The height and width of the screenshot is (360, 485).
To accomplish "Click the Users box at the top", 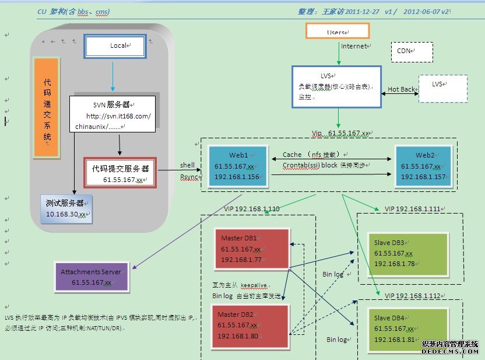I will click(x=338, y=31).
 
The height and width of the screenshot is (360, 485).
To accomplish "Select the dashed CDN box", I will click(x=411, y=51).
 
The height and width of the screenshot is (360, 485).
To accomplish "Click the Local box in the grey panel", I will click(x=115, y=46).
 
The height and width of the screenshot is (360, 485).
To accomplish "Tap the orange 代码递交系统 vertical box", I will click(x=47, y=108).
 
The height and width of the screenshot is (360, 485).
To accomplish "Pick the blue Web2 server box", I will click(x=423, y=166).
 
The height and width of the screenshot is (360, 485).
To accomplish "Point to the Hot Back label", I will click(x=401, y=89).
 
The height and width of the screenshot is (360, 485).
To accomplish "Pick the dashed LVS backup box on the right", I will click(x=442, y=88).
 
